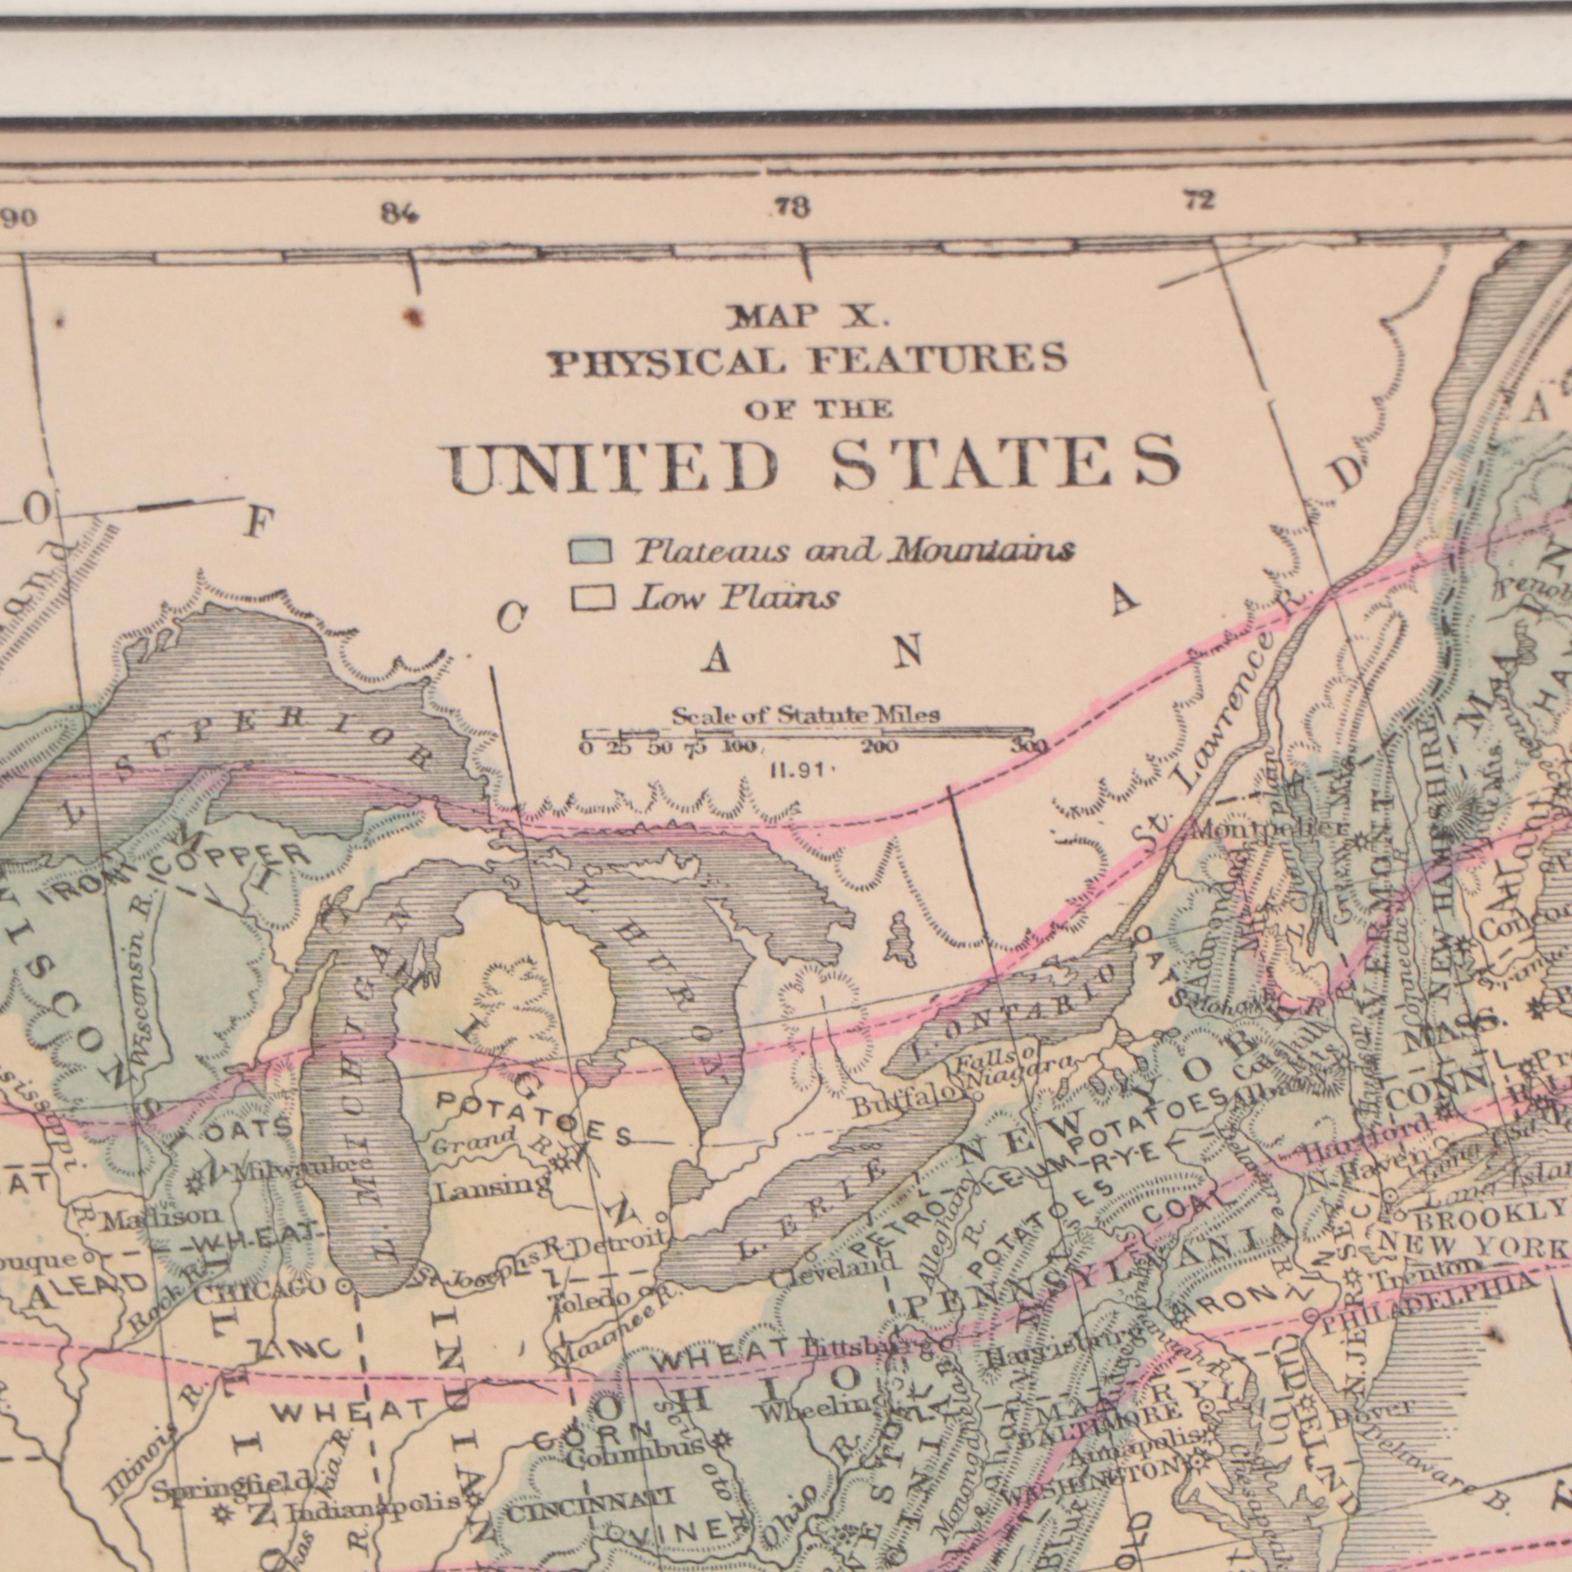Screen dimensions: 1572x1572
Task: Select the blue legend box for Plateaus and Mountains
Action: tap(591, 551)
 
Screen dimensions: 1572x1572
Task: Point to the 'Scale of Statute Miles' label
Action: tap(806, 716)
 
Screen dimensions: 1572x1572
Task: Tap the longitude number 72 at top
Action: tap(1199, 200)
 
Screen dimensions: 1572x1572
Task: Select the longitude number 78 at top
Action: tap(792, 208)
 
